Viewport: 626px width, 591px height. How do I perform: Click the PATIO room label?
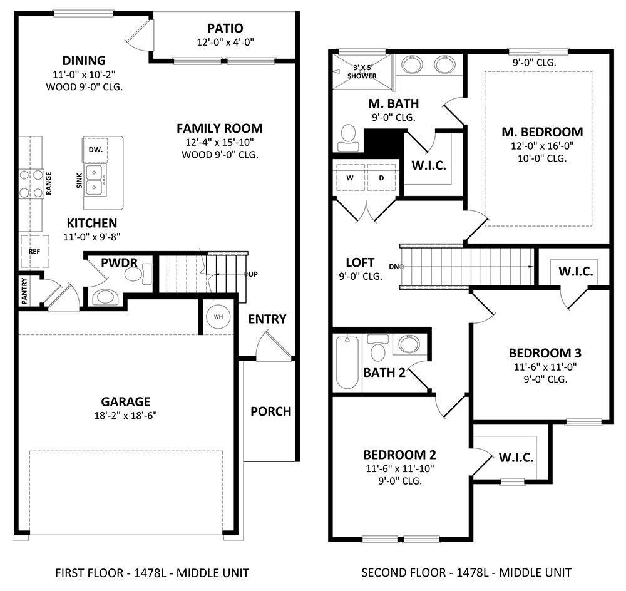(225, 28)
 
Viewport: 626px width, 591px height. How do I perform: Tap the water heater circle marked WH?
(218, 317)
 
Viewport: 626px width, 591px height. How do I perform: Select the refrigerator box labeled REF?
(34, 251)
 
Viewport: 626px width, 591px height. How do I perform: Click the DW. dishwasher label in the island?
(95, 150)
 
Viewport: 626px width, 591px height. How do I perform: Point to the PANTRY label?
(25, 292)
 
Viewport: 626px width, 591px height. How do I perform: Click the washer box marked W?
(350, 178)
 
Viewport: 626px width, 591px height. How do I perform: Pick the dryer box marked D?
(381, 178)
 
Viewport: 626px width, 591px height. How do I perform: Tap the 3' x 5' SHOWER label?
(362, 72)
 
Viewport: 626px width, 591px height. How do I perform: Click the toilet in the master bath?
(348, 138)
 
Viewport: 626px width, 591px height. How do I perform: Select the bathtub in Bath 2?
(347, 362)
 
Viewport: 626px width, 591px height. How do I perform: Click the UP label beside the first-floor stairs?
(253, 274)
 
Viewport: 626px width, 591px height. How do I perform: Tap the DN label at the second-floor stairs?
(394, 266)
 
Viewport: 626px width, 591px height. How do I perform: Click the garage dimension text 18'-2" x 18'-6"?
(125, 416)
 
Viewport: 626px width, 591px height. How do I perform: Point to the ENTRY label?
(267, 319)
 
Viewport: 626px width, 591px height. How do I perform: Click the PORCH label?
(270, 411)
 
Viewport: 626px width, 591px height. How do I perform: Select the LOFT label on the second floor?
(360, 262)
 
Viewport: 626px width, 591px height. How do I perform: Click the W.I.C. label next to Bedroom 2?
(516, 457)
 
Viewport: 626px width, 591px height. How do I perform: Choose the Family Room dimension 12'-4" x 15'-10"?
(220, 142)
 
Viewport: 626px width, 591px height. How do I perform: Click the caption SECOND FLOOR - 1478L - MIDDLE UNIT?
(466, 573)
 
